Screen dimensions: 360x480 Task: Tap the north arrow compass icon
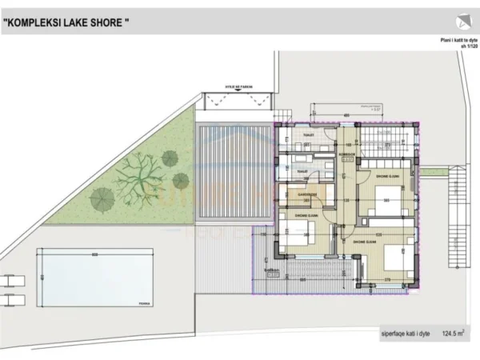pos(462,22)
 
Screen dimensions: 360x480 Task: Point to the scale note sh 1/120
pos(467,46)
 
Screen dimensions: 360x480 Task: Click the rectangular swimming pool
pos(95,277)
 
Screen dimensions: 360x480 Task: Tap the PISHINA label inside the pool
pos(143,302)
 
